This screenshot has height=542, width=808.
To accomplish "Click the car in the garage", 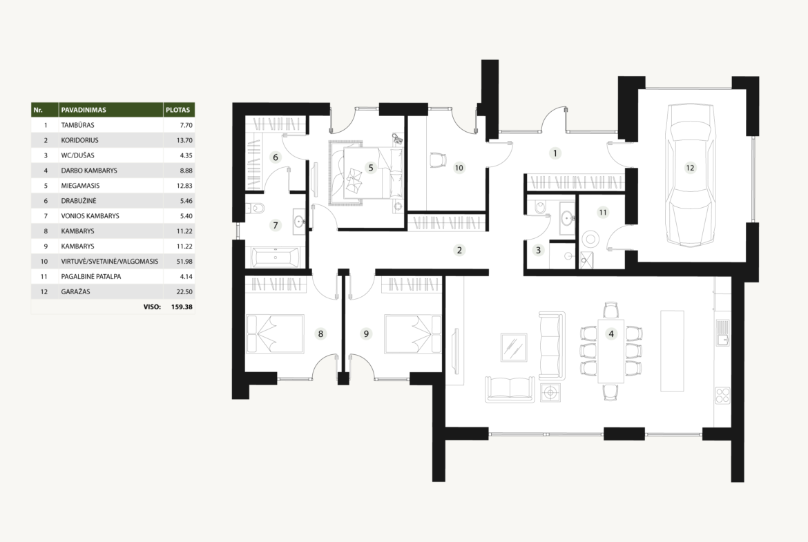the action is click(691, 175).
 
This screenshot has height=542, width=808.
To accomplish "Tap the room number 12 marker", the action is click(690, 168).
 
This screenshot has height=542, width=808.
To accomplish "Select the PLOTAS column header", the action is click(177, 110).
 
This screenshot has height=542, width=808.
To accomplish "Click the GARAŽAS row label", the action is click(75, 291).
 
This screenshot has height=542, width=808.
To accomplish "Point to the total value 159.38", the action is click(182, 307).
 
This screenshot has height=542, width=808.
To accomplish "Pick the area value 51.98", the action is click(184, 261).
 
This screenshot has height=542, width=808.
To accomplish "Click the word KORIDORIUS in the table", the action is click(79, 140).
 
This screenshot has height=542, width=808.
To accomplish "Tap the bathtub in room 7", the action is click(275, 257).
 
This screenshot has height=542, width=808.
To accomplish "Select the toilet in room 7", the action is click(256, 208).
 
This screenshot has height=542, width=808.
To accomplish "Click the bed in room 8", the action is click(269, 333).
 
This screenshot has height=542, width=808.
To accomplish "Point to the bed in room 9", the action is click(413, 334).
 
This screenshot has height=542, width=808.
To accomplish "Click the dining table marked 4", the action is click(611, 351).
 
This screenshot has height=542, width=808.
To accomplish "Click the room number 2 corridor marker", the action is click(459, 251).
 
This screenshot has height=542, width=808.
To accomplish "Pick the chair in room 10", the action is click(438, 159).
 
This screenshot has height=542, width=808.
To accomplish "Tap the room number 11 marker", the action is click(603, 212).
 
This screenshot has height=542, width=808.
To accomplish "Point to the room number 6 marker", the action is click(275, 157).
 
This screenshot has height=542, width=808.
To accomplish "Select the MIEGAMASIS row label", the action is click(80, 186).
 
